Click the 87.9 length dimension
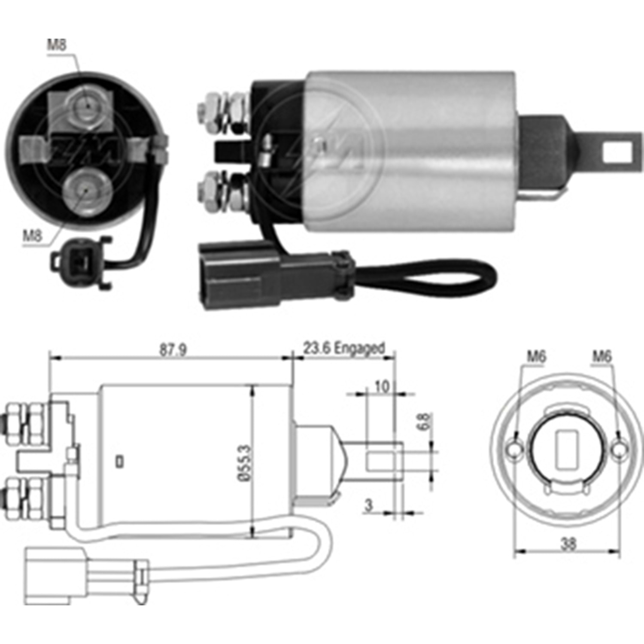pyautogui.click(x=173, y=349)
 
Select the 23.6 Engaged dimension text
pyautogui.click(x=343, y=348)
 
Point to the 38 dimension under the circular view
pyautogui.click(x=568, y=544)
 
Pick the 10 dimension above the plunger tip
pyautogui.click(x=381, y=387)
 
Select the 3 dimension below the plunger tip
pyautogui.click(x=368, y=506)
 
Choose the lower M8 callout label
pyautogui.click(x=33, y=235)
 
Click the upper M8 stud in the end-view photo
pyautogui.click(x=87, y=107)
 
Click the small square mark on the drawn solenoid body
pyautogui.click(x=120, y=461)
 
